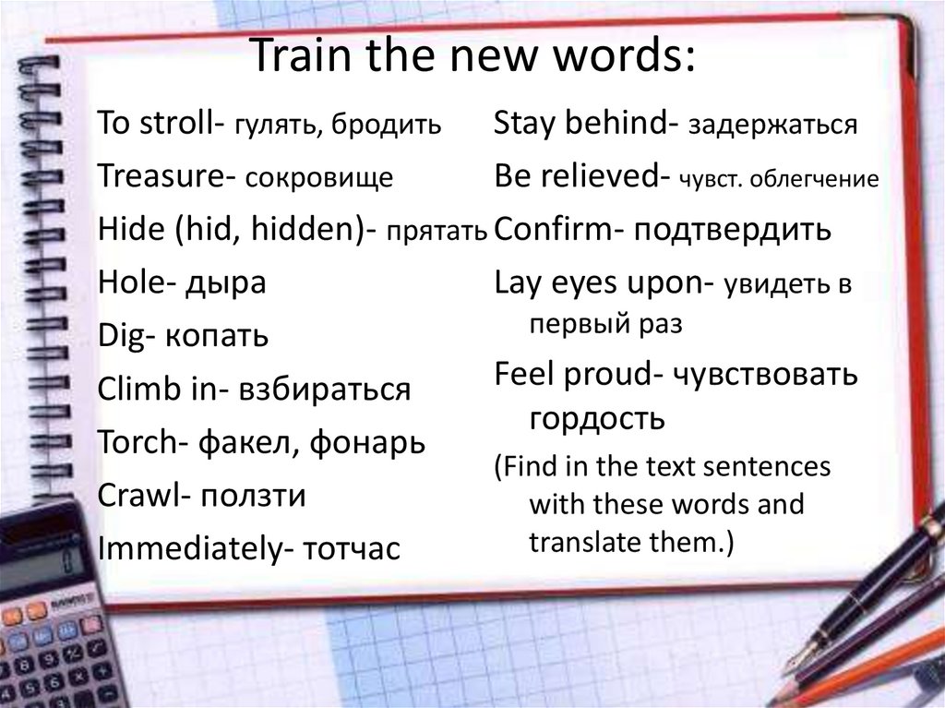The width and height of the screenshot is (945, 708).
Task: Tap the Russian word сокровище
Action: tap(319, 178)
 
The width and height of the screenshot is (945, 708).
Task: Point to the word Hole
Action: tap(127, 282)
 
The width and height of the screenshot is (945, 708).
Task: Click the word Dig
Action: tap(120, 336)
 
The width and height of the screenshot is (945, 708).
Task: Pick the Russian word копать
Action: tap(218, 336)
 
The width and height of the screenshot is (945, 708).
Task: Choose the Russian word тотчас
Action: tap(347, 550)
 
